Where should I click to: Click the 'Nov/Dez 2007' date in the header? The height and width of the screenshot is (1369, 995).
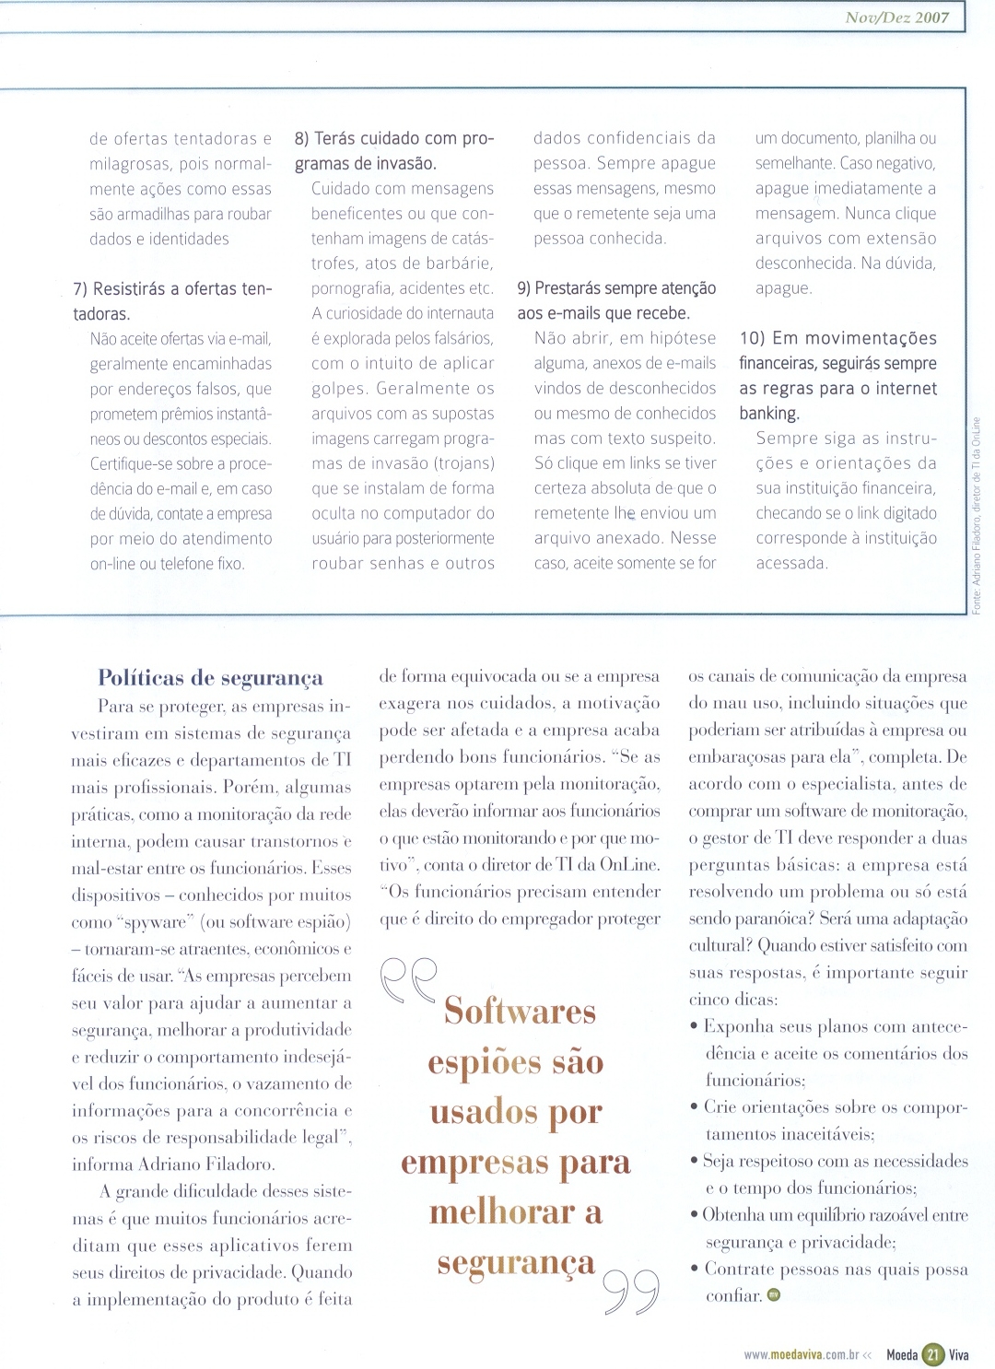(x=896, y=18)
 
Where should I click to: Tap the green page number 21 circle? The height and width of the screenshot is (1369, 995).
(x=932, y=1354)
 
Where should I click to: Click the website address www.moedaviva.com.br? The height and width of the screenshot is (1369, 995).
(x=801, y=1355)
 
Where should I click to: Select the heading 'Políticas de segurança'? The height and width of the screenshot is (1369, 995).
(x=210, y=679)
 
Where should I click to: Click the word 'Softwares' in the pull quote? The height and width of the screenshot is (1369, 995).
(x=520, y=1012)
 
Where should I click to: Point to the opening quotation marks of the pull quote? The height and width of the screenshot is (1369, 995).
(x=408, y=980)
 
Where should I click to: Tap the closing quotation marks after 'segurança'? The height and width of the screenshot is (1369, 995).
(x=632, y=1293)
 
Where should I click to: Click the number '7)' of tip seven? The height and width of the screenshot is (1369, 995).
(x=81, y=289)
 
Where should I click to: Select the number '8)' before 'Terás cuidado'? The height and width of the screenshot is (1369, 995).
(x=302, y=139)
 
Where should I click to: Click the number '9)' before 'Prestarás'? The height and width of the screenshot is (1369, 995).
(x=524, y=288)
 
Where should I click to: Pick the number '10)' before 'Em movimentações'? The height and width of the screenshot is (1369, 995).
(x=752, y=339)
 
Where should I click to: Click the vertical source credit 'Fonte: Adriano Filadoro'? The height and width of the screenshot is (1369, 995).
(x=977, y=515)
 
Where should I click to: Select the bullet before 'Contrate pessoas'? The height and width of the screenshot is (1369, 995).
(x=694, y=1270)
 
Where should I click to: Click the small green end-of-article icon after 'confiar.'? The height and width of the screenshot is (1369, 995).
(x=774, y=1295)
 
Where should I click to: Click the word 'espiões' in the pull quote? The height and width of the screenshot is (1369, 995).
(x=484, y=1063)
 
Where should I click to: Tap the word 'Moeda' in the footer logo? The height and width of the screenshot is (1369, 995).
(x=902, y=1355)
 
